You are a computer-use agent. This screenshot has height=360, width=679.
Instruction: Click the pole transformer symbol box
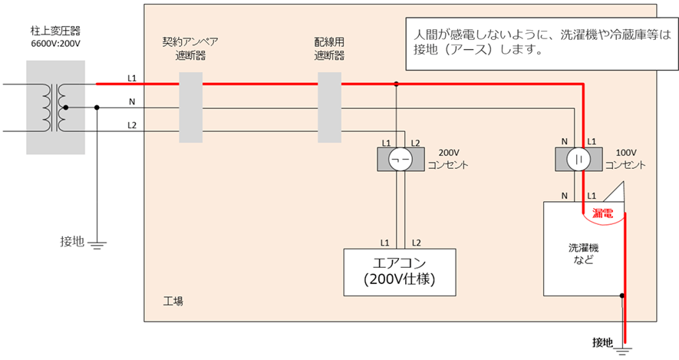coord(48,107)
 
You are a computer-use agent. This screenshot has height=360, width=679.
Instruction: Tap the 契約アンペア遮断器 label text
coord(184,50)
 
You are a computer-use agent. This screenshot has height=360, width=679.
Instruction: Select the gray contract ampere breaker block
coord(190,107)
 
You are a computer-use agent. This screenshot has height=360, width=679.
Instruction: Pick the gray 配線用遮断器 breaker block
coord(329,107)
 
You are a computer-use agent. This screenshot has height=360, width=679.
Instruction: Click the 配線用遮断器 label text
coord(329,50)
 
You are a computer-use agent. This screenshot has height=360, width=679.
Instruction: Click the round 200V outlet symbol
coord(397,159)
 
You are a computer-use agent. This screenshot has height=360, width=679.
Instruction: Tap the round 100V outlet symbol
coord(576,159)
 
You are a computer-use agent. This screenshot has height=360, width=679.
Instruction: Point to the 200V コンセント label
coord(448,159)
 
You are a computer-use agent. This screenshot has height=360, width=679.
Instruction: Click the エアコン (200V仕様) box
coord(399,272)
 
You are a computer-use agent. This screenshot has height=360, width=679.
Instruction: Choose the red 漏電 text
coord(603,213)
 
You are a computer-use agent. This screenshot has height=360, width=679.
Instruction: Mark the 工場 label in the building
coord(173,301)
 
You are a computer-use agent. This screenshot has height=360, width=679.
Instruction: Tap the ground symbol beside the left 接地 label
coord(97,245)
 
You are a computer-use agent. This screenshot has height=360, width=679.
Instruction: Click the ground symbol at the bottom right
coord(624,350)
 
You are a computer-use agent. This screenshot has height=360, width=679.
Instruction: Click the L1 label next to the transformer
coord(132,79)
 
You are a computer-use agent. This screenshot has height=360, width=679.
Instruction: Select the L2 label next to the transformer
coord(132,125)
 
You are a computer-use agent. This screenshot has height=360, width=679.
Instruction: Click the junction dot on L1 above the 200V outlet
coord(397,84)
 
